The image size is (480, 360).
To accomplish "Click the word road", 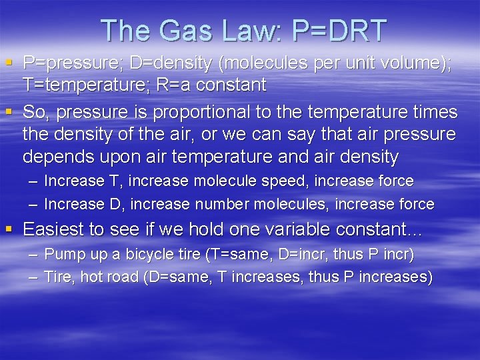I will point(121,277).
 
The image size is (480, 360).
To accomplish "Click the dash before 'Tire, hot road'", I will point(33,277).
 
